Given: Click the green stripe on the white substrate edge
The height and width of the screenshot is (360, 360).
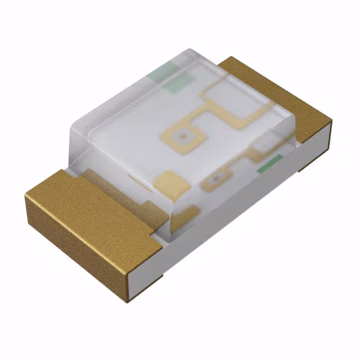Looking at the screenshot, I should pos(269,164).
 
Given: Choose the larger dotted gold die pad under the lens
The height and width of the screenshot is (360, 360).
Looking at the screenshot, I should pos(181,135).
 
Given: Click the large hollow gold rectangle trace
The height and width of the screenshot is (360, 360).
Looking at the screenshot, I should pos(233,104).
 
